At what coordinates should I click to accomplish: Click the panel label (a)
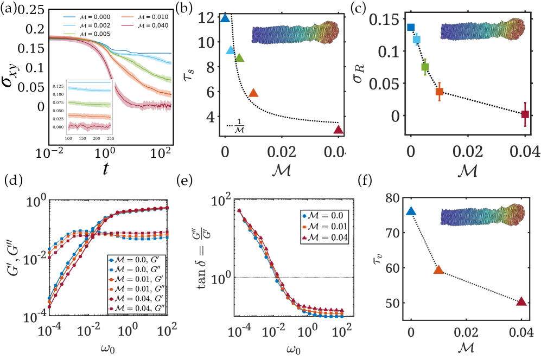8,7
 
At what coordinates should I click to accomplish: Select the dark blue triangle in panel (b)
225,18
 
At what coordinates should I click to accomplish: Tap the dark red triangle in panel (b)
339,130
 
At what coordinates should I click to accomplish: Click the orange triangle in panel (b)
253,93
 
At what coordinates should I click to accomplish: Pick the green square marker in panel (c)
425,67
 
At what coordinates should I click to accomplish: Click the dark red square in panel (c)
525,114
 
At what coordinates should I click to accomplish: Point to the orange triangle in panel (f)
439,269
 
